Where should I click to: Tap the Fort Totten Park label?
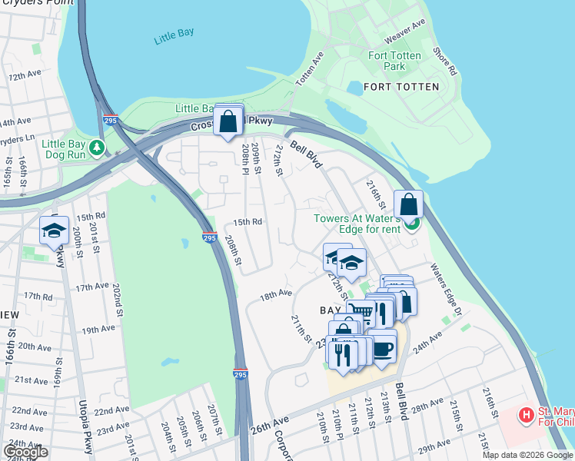pos(394,61)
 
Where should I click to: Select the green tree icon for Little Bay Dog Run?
pos(97,147)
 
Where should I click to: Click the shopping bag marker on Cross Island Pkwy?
pos(228,121)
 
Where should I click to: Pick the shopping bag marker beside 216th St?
pos(409,205)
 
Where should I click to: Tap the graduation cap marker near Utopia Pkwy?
pos(54,230)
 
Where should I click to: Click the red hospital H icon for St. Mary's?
pos(526,416)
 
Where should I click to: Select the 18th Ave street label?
pos(275,294)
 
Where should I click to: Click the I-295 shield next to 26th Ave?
pos(241,374)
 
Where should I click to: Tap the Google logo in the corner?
pos(25,452)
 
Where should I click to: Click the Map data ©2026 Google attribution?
pos(528,455)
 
